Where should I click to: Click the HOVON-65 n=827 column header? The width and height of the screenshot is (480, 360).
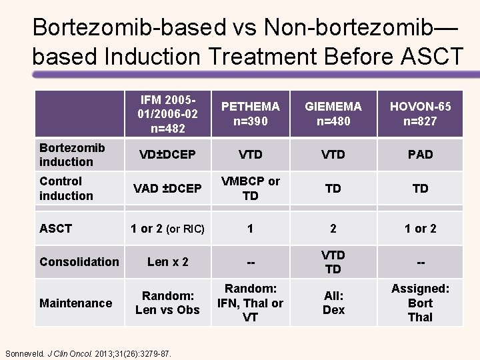coord(420,114)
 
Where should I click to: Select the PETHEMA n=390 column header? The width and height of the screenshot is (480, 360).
coord(250,114)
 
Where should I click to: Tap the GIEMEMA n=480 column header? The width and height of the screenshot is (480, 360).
coord(333,114)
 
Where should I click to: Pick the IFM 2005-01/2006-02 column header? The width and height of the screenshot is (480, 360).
coord(169,114)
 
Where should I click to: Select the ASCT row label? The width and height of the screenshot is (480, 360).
coord(56,229)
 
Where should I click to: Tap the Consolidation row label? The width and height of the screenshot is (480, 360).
coord(79,262)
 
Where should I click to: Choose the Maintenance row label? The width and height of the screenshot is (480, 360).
coord(75,303)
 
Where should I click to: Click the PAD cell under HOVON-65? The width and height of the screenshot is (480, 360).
coord(420,155)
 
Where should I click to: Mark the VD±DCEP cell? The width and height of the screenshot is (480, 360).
coord(168,155)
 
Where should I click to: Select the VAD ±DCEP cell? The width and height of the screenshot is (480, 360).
coord(168,189)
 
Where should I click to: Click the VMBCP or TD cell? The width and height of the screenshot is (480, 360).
coord(250,188)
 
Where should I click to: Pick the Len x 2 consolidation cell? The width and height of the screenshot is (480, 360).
coord(168,262)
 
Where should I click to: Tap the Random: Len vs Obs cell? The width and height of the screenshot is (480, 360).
coord(168,303)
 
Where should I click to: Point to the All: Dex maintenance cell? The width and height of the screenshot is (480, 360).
coord(333,303)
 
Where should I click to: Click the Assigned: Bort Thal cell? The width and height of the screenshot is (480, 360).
coord(420,303)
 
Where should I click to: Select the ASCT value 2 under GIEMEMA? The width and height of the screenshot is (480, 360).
coord(333,229)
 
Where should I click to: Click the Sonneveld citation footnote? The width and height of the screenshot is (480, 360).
coord(88,352)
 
